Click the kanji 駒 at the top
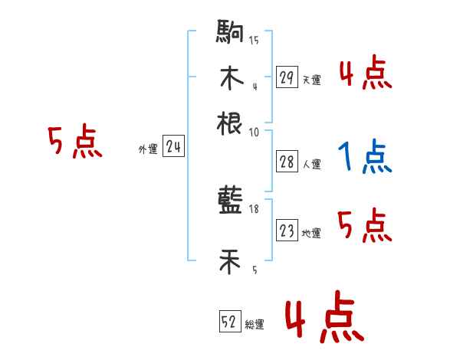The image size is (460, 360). click(x=230, y=34)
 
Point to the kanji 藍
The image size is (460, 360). click(x=230, y=201)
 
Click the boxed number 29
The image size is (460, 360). click(x=287, y=77)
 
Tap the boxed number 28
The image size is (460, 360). click(x=287, y=162)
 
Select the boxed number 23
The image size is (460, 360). click(x=287, y=231)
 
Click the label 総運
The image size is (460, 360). click(x=255, y=325)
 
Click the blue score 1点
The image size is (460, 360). click(x=365, y=158)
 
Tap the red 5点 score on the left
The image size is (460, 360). click(x=74, y=143)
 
